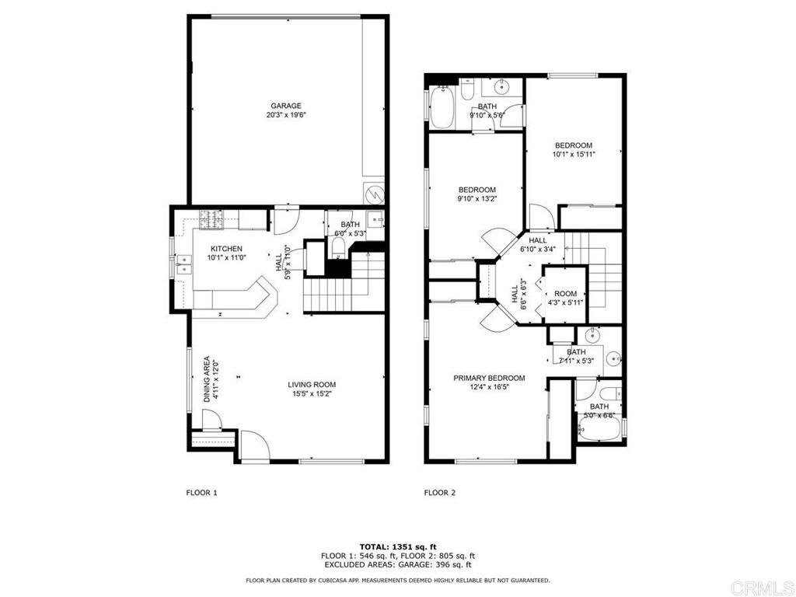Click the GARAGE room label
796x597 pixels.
(x=286, y=106)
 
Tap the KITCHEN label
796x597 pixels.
(x=226, y=249)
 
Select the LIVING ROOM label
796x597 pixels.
(x=312, y=385)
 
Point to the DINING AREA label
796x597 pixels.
(x=207, y=379)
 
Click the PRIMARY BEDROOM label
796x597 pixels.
(x=489, y=379)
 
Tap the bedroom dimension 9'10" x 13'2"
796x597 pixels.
(x=477, y=199)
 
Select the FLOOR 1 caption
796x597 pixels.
(x=201, y=492)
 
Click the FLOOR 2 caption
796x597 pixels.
(x=440, y=492)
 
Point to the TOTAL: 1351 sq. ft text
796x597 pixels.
(x=398, y=546)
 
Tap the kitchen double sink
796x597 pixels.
(x=183, y=265)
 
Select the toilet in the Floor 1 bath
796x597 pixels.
(x=337, y=248)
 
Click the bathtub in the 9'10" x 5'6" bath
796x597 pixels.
(x=442, y=107)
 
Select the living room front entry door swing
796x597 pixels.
(x=255, y=445)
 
